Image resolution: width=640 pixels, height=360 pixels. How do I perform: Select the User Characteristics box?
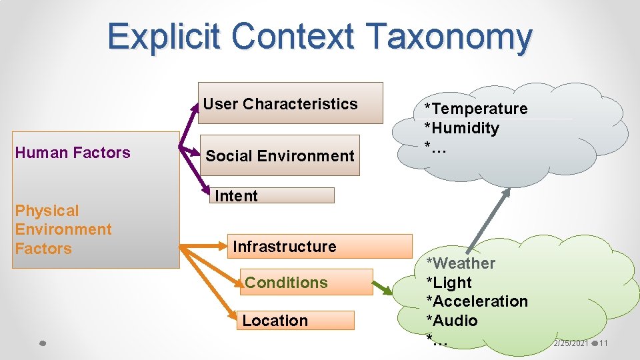coord(290,103)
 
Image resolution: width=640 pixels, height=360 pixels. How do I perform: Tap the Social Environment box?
coord(281,156)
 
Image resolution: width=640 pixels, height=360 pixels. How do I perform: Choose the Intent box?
coord(273,195)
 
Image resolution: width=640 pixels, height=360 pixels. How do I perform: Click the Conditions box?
coord(305,282)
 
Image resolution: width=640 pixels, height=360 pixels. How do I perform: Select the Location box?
coord(294,320)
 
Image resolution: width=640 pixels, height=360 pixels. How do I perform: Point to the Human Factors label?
coord(73,153)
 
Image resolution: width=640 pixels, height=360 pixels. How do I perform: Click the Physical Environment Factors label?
coord(63,229)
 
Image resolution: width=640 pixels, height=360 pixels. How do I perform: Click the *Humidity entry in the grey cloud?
coord(462,128)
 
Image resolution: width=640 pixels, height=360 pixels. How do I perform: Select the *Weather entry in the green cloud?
coord(461,263)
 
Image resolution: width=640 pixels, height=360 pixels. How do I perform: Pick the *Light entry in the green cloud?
coord(449,283)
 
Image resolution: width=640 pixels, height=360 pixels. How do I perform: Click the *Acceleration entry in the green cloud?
coord(477,301)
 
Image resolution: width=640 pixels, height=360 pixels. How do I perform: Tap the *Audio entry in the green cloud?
coord(452,321)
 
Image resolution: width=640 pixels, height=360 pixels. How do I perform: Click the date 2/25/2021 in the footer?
coord(571,343)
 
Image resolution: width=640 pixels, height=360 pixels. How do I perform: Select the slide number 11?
coord(603,343)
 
